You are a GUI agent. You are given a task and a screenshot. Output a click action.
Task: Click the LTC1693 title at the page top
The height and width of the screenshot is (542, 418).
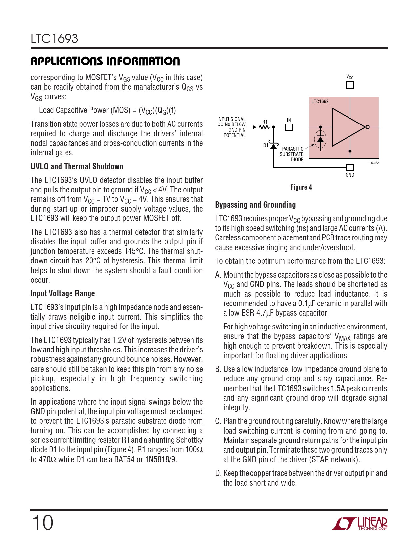54,39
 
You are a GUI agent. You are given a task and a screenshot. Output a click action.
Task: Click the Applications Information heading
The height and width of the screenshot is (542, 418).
105,61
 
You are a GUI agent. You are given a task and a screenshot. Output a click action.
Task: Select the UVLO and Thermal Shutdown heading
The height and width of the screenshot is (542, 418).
77,166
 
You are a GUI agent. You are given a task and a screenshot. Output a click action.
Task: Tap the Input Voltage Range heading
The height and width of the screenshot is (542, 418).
63,293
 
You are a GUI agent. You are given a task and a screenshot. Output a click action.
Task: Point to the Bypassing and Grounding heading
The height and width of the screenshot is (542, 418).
255,205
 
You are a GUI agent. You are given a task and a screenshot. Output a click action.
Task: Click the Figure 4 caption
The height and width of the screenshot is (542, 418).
301,187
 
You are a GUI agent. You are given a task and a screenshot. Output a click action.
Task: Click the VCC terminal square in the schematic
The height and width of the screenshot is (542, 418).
350,85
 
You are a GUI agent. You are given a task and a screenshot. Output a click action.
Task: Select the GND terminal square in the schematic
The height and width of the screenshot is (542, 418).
350,167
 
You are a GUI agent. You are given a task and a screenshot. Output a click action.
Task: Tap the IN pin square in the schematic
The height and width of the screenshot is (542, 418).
289,127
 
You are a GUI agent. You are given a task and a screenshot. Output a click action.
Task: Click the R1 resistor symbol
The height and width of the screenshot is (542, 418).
265,127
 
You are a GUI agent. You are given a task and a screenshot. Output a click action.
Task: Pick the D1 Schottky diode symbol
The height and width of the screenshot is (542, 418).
273,146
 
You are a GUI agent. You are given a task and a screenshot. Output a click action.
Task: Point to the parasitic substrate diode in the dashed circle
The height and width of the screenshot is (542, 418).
320,139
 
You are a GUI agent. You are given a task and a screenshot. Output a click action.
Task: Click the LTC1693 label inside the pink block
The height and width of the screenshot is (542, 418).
320,102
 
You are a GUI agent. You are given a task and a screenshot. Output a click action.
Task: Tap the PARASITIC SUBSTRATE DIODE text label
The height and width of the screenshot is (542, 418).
292,154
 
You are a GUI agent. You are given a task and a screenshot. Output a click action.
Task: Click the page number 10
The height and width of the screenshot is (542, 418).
42,523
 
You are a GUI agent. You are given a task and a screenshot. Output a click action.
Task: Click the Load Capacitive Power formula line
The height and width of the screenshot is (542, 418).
108,110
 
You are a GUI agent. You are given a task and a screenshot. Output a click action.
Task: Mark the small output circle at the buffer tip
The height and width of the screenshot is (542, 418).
368,127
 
